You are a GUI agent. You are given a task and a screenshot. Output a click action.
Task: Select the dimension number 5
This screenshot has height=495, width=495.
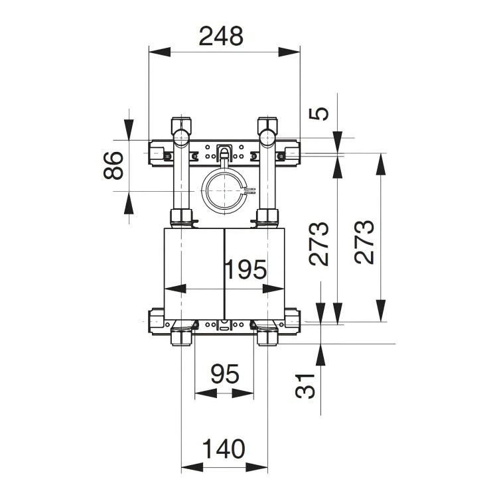coord(320,113)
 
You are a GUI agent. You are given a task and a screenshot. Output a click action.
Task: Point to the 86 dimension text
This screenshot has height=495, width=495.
coord(113,166)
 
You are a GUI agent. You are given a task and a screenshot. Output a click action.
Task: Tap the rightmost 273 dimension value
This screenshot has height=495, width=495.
coord(365,242)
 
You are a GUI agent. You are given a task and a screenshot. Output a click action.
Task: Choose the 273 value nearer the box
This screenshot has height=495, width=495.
coord(320,244)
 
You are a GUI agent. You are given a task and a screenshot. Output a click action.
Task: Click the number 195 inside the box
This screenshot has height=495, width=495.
coord(244,269)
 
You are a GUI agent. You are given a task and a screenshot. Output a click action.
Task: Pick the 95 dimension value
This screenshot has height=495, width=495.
coord(224,375)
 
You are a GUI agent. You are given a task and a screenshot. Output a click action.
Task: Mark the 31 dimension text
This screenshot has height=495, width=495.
coord(304,384)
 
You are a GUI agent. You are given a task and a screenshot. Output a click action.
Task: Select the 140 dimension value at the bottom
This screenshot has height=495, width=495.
coord(224,449)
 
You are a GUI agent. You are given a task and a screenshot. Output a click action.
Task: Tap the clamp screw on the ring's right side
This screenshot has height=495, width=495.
coord(249,191)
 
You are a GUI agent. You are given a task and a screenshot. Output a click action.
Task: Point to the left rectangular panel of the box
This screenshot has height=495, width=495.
coord(193,268)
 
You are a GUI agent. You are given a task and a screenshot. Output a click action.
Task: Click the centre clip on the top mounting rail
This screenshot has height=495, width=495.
coord(224,152)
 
